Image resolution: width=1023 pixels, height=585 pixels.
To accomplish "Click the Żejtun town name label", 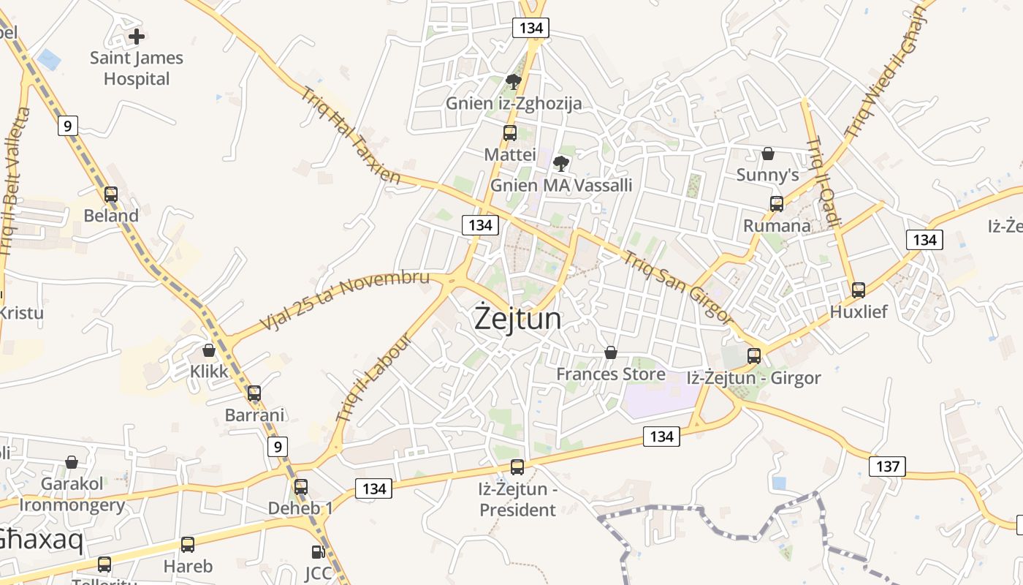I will click(518, 319).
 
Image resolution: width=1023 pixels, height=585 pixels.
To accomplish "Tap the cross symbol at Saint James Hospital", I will click(136, 36).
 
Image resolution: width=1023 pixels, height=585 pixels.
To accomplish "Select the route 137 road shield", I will click(887, 466).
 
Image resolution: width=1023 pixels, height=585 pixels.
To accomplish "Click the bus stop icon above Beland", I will click(111, 195).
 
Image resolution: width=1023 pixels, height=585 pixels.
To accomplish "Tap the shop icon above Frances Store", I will click(611, 353).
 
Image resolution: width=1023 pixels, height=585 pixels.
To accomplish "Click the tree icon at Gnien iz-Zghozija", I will click(514, 81).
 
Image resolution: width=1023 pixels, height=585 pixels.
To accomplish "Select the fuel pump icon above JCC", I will click(318, 552).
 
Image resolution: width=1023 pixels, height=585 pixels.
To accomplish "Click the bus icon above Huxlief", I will click(859, 290).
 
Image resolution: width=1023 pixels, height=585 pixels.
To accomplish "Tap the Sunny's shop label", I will click(767, 175).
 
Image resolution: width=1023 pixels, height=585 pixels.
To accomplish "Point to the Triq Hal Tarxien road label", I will click(351, 135).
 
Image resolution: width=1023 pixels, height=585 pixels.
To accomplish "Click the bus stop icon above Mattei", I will click(510, 133).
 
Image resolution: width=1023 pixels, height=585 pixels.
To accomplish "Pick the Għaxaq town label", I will click(40, 540).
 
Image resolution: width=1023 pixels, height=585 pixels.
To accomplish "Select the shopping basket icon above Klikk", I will click(209, 350).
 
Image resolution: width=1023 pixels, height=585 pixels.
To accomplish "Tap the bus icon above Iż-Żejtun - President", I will click(517, 467).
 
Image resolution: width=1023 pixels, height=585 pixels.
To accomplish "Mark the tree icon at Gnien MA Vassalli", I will click(561, 163).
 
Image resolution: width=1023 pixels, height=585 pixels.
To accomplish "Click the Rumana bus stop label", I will click(777, 225).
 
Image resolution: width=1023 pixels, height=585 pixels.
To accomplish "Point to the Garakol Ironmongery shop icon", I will click(72, 462).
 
